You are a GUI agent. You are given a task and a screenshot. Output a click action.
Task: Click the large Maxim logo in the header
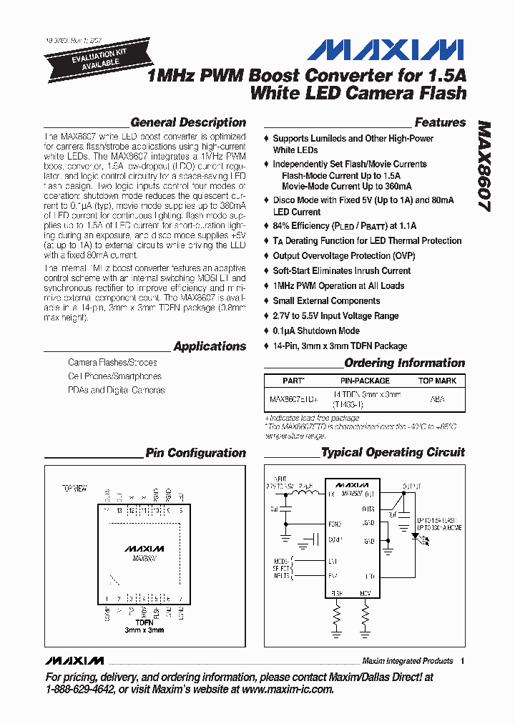[x=386, y=49]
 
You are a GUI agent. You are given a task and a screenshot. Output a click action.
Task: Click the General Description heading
[x=188, y=122]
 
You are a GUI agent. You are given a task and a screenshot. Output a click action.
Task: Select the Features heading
[x=440, y=122]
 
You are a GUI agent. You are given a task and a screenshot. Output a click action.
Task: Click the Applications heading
[x=210, y=346]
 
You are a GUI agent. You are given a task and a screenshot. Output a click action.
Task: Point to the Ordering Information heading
[x=404, y=363]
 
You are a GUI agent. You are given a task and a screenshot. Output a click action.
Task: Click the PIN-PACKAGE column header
[x=365, y=381]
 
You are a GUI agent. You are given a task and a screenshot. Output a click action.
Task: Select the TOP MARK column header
[x=437, y=381]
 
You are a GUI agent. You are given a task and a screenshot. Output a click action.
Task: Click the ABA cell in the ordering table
[x=436, y=400]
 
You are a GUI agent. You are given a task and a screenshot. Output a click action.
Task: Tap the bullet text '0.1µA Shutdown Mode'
[x=316, y=331]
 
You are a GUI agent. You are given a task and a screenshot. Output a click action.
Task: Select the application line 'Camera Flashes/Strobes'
[x=112, y=363]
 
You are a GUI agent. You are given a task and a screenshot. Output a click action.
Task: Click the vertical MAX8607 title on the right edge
[x=484, y=165]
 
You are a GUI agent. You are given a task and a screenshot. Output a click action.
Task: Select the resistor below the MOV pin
[x=366, y=615]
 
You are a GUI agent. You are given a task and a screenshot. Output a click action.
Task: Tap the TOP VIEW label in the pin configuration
[x=74, y=488]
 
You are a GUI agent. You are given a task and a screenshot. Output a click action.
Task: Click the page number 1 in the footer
[x=463, y=661]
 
